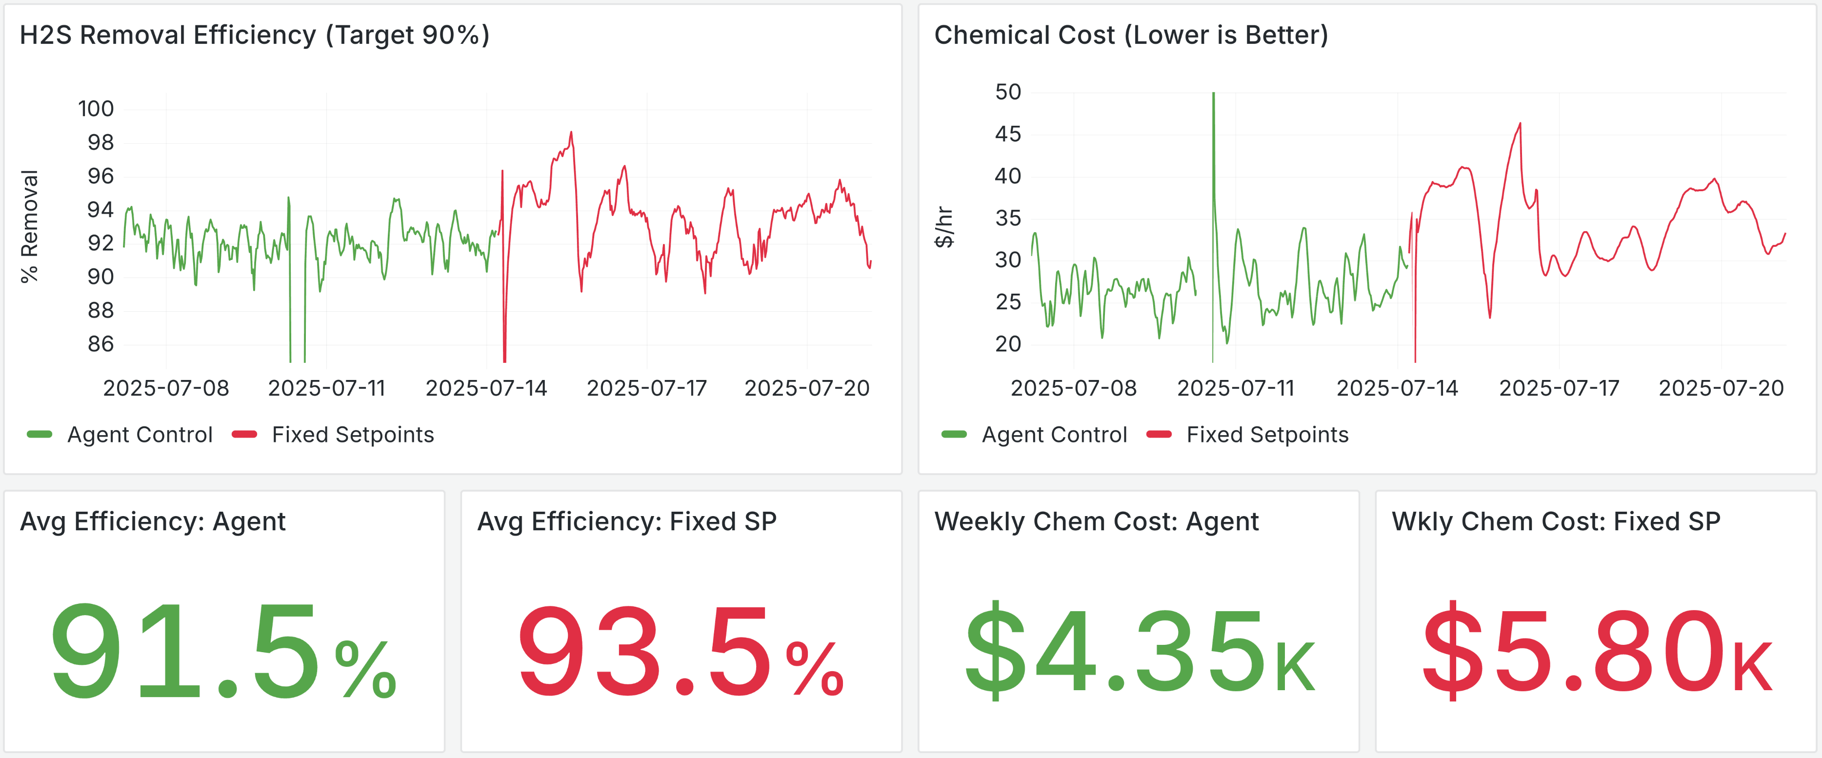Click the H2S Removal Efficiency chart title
(255, 35)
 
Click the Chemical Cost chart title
(1130, 35)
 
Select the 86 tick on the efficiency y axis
(100, 344)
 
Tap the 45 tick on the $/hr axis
(1007, 134)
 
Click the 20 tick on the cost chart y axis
(1007, 344)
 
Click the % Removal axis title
(29, 226)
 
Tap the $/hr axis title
(943, 226)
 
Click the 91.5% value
(223, 651)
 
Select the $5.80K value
(1596, 651)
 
